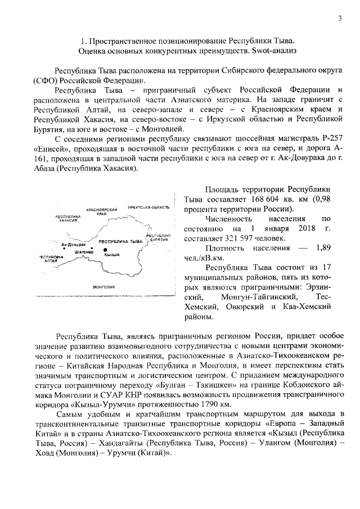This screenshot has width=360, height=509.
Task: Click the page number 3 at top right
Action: click(340, 19)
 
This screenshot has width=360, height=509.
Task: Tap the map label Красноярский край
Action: click(101, 210)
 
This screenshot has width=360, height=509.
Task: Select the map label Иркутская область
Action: click(148, 208)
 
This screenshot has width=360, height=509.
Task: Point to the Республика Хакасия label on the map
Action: click(67, 218)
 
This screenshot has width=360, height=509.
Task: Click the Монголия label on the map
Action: click(104, 286)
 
